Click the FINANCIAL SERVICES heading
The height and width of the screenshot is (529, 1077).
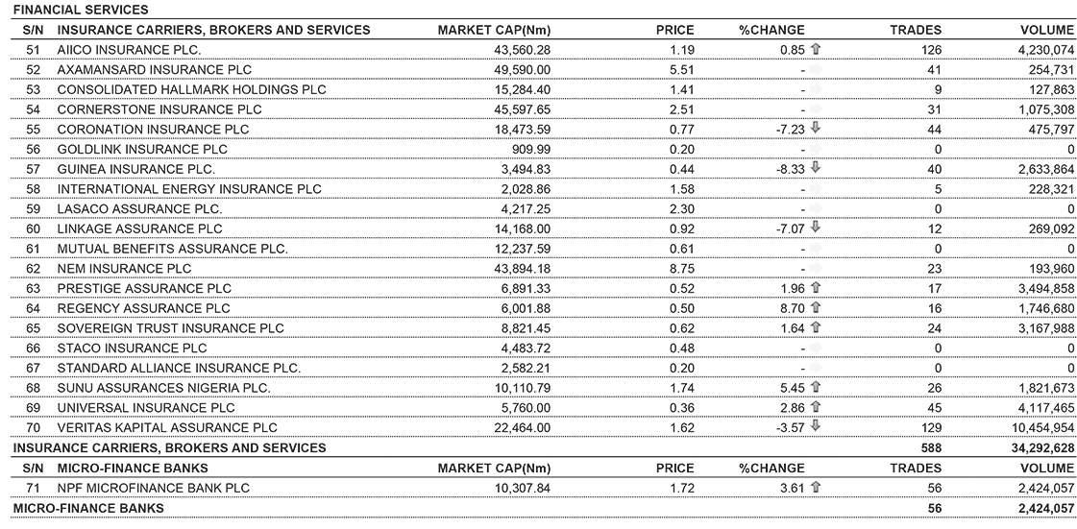click(x=81, y=10)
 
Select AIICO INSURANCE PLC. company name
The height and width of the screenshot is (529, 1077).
click(x=129, y=49)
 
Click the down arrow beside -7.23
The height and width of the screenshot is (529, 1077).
click(x=816, y=129)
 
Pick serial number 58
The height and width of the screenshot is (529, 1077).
click(x=34, y=189)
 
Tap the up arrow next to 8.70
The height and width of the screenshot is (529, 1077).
click(x=816, y=308)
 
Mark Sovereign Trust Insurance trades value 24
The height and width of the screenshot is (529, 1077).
click(x=933, y=328)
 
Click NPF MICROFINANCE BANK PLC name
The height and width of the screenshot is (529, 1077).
click(x=153, y=488)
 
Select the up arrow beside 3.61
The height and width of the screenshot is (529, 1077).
click(x=816, y=488)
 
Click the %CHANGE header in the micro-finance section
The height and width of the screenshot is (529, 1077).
click(x=771, y=468)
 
